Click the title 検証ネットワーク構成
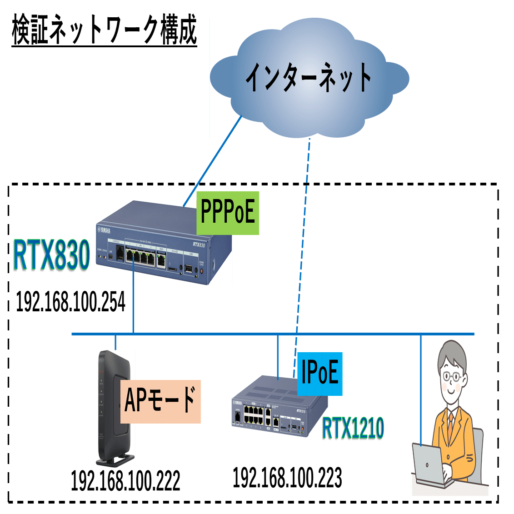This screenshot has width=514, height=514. click(105, 31)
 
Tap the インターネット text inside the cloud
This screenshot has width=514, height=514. click(309, 78)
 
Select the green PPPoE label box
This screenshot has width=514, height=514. click(228, 213)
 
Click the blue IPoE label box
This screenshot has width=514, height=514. click(319, 374)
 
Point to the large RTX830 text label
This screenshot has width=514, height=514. click(51, 256)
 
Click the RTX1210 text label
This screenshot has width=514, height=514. click(354, 428)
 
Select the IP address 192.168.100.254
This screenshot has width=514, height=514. click(71, 302)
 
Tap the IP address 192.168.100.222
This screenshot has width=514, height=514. click(125, 481)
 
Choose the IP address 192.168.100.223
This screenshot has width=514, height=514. click(287, 478)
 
